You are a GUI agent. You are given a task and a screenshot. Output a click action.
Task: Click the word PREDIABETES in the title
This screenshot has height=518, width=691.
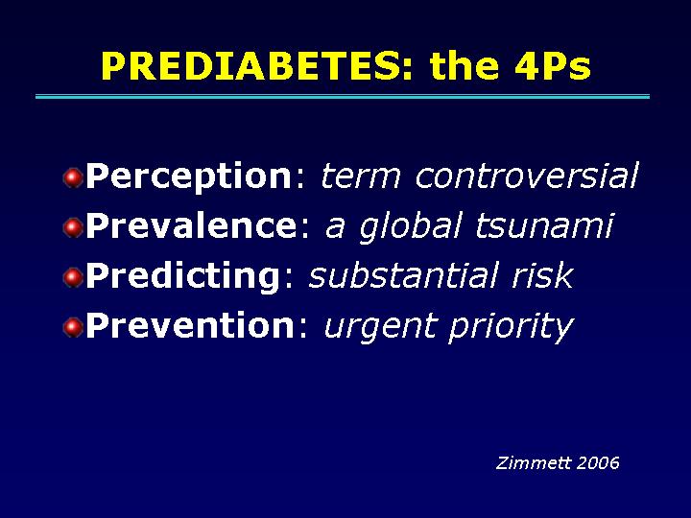coord(257,66)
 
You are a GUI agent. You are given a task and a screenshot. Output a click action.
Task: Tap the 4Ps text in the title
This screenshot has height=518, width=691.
coord(552,66)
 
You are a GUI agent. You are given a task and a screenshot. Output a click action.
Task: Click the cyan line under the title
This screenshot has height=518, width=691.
coord(343,97)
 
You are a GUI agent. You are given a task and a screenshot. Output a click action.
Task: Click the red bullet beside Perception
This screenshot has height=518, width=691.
coord(73,178)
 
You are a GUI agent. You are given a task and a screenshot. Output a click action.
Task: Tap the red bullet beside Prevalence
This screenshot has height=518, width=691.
coord(73,228)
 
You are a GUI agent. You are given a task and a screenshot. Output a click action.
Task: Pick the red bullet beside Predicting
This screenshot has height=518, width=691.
coord(73,278)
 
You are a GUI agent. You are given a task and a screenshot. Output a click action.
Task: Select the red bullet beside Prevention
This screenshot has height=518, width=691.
coord(73,328)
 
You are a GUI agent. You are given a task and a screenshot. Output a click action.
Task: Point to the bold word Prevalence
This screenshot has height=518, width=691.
coord(192,226)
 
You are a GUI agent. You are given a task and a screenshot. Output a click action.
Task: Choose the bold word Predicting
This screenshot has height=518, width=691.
coord(183,276)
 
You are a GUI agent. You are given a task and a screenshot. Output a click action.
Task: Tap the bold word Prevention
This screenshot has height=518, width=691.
coord(190,325)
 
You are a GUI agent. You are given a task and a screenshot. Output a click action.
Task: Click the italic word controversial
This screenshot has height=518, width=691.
coord(527,176)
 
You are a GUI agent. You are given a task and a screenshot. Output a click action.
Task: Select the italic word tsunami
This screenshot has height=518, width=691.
coord(544,225)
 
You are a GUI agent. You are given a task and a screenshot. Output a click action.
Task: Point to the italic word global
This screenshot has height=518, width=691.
coord(411,227)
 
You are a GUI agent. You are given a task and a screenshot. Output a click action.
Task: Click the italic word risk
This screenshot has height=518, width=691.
coord(542,275)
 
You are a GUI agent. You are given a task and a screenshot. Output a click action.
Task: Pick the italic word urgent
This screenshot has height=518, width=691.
coord(381,327)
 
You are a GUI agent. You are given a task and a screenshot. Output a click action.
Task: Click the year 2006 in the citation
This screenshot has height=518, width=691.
coord(598,463)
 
